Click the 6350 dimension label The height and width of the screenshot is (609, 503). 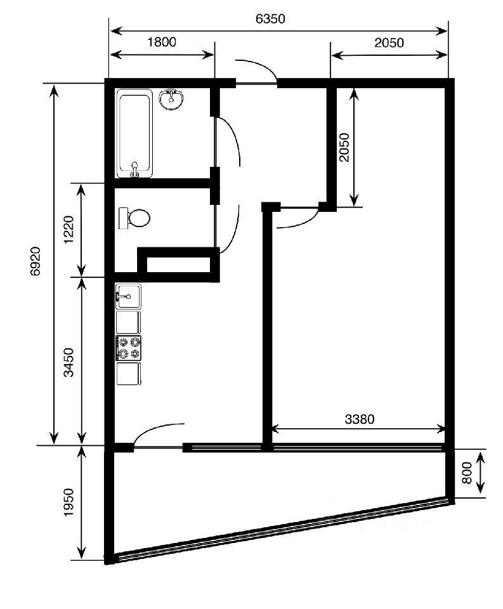tap(270, 18)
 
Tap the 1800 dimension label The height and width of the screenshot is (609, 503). tap(162, 42)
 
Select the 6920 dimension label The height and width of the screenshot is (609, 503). tap(36, 261)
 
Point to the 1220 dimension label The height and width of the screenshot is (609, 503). tap(69, 230)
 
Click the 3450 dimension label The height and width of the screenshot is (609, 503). tap(69, 362)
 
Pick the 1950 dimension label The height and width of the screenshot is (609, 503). tap(69, 502)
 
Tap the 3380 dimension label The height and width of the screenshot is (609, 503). tap(360, 419)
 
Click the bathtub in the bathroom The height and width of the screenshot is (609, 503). tap(134, 133)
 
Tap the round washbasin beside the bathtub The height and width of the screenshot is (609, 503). tap(171, 100)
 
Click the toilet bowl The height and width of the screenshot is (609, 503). tap(139, 218)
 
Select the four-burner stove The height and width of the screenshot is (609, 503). tap(129, 348)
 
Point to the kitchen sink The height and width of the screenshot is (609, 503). tap(128, 296)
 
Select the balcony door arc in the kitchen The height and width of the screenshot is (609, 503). tap(155, 429)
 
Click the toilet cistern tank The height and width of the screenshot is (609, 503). tap(124, 218)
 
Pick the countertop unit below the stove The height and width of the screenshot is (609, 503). tap(129, 374)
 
